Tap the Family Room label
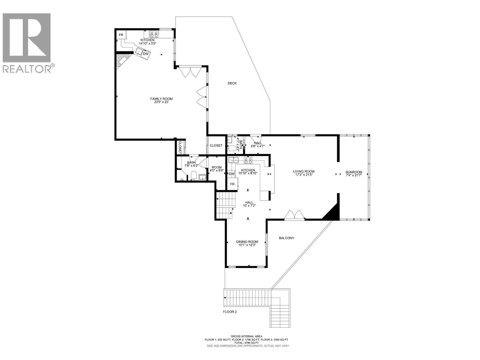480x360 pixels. click(x=161, y=99)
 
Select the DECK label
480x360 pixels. click(x=232, y=83)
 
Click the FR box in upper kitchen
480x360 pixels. click(x=121, y=35)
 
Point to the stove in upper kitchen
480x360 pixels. click(x=154, y=34)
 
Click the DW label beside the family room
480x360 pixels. click(x=145, y=54)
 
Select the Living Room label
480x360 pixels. click(x=304, y=172)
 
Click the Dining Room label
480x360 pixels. click(x=247, y=242)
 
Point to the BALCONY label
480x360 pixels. click(x=286, y=238)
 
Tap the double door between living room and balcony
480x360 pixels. click(x=295, y=215)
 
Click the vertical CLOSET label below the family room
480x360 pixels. click(x=180, y=147)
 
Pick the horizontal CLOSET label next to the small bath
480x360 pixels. click(x=216, y=145)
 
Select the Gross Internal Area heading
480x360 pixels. click(x=246, y=336)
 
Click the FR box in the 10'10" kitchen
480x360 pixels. click(x=232, y=184)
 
